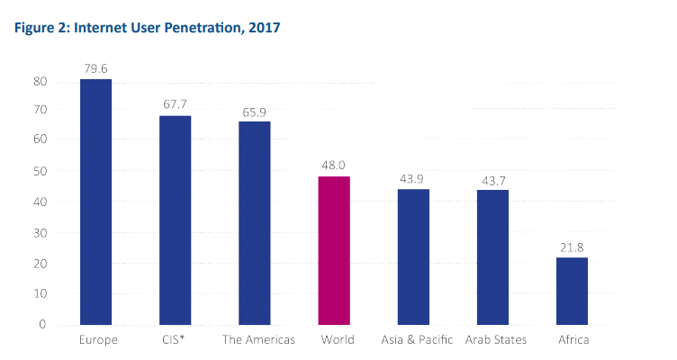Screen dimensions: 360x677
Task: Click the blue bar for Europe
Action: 95,202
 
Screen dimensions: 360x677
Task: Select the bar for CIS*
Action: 175,220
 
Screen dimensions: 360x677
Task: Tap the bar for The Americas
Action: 254,222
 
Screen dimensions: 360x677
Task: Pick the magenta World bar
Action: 334,250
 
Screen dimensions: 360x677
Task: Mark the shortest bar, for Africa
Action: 572,291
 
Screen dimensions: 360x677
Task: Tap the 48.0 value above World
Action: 334,165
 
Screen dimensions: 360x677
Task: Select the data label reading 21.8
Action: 572,246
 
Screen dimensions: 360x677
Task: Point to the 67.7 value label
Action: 175,103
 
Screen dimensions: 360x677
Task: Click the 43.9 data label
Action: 413,177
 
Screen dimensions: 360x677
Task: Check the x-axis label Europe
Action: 95,340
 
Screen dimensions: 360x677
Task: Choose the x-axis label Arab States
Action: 495,340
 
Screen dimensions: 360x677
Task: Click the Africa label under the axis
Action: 573,340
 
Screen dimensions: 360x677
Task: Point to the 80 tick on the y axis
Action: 40,82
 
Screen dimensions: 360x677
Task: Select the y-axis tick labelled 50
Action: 40,171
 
